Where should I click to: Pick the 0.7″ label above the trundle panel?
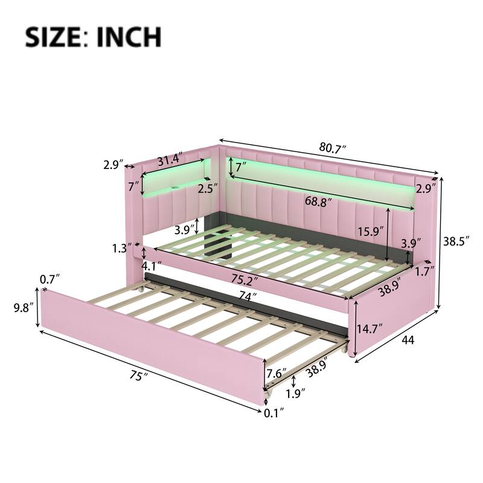pos(50,280)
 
